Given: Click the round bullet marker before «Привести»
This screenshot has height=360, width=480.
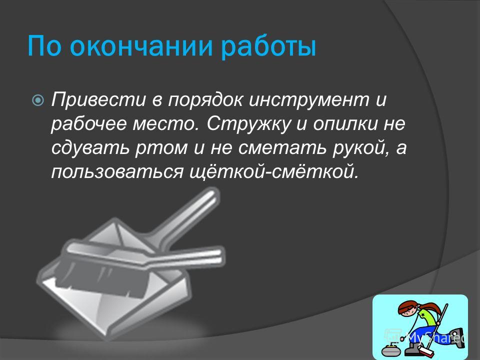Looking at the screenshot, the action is point(38,100).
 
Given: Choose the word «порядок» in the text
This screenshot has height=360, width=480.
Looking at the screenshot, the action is point(206,100).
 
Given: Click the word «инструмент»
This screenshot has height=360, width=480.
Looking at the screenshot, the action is point(308,100).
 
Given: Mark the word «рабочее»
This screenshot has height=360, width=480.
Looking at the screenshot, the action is point(89,124).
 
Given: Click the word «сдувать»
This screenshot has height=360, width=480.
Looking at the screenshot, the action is point(90,148).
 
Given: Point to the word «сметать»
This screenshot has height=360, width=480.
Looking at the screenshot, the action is point(282,149).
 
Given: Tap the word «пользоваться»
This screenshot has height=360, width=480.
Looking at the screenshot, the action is point(117,172).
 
